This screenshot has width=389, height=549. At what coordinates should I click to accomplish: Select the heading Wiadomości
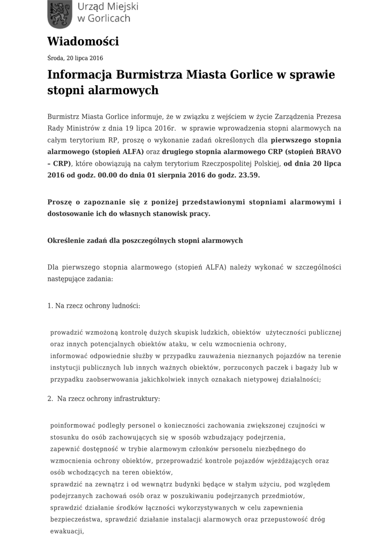(83, 41)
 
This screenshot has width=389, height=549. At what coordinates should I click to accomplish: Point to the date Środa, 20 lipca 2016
(75, 58)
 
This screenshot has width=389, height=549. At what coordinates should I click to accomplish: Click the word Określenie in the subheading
(66, 240)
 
